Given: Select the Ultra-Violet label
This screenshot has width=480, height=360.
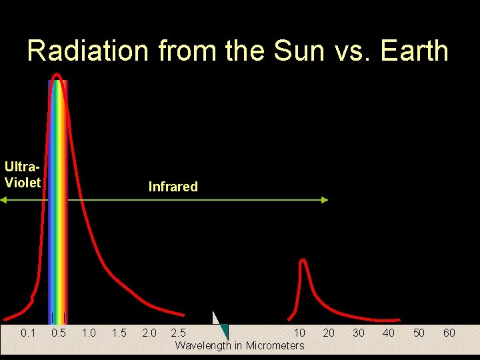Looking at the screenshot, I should [23, 174].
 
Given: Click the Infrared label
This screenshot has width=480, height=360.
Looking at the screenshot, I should [173, 187].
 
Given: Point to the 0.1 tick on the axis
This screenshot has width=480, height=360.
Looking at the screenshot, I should [28, 333].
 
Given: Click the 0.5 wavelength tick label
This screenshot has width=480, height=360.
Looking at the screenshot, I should [59, 333].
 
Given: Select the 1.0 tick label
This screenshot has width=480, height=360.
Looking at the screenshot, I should [89, 333].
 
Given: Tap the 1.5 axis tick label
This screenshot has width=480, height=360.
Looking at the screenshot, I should [119, 333].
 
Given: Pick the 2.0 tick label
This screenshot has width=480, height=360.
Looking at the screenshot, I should [149, 333].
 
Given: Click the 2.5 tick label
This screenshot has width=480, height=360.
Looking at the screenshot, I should [179, 333].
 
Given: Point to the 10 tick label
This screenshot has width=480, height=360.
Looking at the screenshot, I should [300, 333].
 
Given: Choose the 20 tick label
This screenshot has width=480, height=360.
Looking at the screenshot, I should [329, 333].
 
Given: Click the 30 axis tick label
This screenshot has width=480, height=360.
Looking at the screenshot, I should [359, 333].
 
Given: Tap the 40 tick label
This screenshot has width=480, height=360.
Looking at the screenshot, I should [389, 333].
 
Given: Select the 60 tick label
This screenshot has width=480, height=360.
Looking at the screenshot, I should [449, 333].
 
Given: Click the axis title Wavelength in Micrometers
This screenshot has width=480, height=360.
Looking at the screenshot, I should [239, 345].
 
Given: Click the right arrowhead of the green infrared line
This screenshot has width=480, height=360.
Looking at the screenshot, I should [325, 199].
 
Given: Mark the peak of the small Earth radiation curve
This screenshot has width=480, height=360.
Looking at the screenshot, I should [303, 260].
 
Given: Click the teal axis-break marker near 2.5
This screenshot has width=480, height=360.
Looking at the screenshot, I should [224, 331].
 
